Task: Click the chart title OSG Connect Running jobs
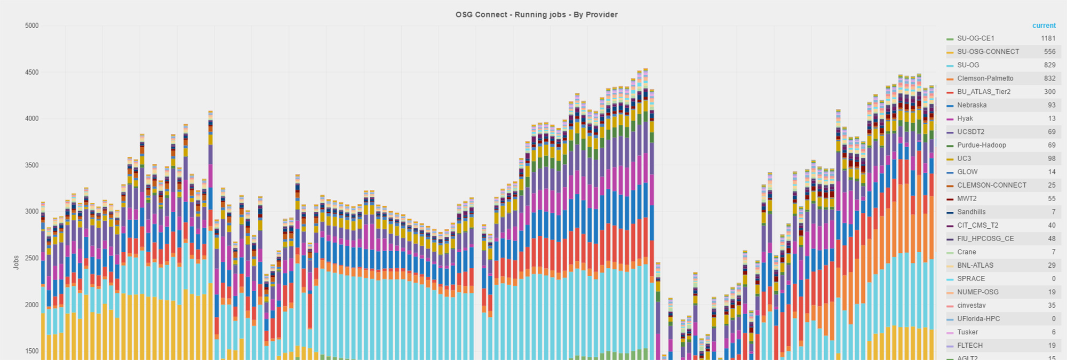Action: pos(536,14)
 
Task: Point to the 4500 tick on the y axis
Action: pos(32,72)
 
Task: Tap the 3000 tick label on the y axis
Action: pos(32,212)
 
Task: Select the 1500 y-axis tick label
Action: pos(32,351)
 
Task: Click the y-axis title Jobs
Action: pos(16,262)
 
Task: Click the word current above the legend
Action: pos(1044,25)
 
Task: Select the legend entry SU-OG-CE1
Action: pos(975,38)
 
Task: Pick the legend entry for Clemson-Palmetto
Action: pos(985,78)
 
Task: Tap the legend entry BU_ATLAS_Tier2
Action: pos(983,92)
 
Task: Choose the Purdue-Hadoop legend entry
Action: pos(981,145)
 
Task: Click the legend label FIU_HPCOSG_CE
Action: pos(985,238)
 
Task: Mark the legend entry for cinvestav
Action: pos(971,306)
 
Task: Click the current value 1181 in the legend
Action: pos(1048,38)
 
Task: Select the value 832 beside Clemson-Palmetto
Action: pos(1049,78)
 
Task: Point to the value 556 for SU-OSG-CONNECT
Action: pos(1049,52)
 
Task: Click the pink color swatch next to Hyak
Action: pos(950,119)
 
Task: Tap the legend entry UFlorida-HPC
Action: pos(978,319)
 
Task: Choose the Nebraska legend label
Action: pos(972,105)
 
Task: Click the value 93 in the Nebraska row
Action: pos(1052,105)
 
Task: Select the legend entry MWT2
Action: pos(967,198)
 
